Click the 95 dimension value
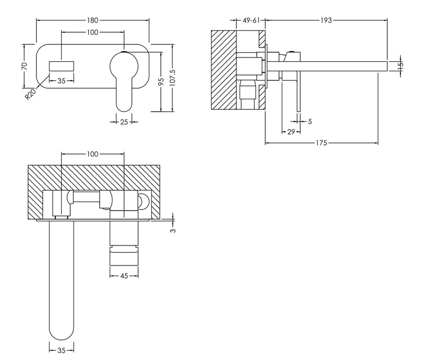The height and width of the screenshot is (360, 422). tap(161, 81)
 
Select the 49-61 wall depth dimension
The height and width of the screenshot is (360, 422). tap(251, 21)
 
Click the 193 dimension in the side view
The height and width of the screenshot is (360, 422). tap(325, 21)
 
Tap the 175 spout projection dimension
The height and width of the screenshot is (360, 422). tap(321, 143)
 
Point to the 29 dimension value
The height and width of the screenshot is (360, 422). tap(291, 131)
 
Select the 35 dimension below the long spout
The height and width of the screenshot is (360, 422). tap(61, 349)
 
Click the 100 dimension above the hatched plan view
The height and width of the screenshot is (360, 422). tap(93, 154)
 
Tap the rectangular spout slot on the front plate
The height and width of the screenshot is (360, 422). tap(62, 67)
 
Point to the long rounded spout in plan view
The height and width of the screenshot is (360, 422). tap(61, 280)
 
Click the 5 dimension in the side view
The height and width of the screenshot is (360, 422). tap(310, 121)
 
